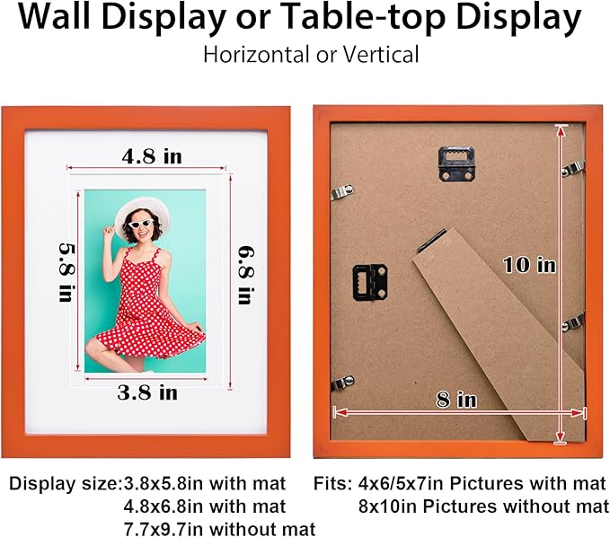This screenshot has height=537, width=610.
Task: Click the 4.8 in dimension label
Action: (x=152, y=156)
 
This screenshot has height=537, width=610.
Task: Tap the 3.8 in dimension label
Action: (x=147, y=392)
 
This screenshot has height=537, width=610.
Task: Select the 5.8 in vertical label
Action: (x=66, y=273)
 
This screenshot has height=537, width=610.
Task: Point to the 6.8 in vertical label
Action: (x=246, y=275)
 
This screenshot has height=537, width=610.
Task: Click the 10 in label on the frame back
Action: (x=529, y=265)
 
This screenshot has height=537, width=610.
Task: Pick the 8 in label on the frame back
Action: (x=456, y=400)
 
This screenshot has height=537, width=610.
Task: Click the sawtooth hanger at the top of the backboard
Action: (x=456, y=163)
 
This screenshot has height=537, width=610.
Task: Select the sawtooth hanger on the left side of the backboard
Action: (x=370, y=283)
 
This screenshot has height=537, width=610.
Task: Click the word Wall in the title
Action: (x=54, y=17)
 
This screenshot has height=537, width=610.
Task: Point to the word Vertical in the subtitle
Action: (x=381, y=55)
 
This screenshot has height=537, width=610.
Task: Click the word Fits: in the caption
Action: (x=333, y=483)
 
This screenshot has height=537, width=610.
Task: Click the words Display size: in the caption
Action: (x=65, y=484)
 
